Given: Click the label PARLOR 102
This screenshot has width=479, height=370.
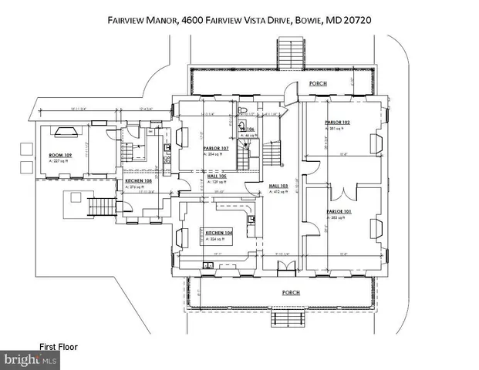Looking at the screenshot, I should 337,123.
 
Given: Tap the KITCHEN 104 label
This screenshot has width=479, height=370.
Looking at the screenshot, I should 219,232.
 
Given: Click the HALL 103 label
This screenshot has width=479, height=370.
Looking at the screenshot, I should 278,186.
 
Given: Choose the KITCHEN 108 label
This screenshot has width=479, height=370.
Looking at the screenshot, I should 139,181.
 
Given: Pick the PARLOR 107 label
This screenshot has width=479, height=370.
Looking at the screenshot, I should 216,149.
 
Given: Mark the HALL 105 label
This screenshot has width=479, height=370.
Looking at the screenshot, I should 216,177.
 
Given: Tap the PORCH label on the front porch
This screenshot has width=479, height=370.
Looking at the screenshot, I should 291,292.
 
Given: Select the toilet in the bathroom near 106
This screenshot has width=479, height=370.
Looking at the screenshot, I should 241,126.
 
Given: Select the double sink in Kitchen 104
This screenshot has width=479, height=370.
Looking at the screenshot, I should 209,266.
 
